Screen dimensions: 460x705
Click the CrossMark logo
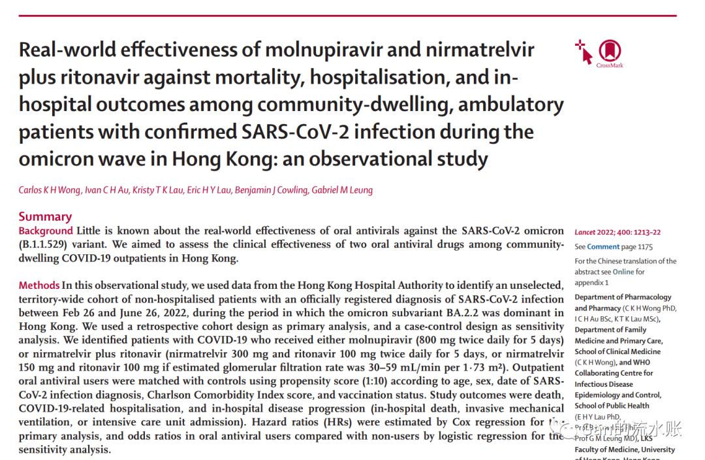coord(609,53)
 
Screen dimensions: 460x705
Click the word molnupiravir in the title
coord(307,50)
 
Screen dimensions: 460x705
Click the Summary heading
coord(45,216)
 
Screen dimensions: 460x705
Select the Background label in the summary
coord(46,231)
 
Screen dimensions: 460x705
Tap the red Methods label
coord(39,286)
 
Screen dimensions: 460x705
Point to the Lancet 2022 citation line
coord(618,232)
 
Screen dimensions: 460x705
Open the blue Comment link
coord(603,247)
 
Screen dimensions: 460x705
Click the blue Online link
coord(623,272)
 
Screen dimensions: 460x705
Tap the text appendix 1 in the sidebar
coord(591,283)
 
